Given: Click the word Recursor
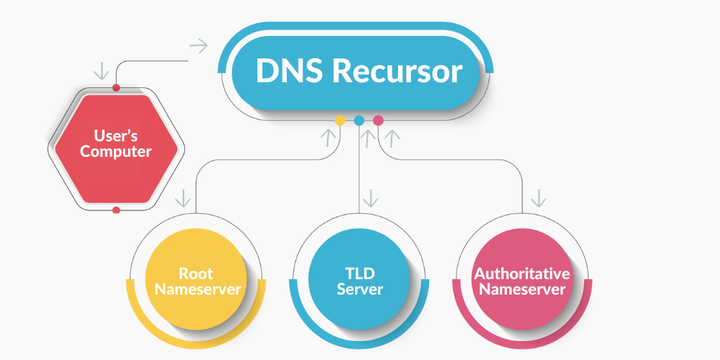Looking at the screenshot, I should click(x=398, y=72).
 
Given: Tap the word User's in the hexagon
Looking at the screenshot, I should click(x=116, y=134).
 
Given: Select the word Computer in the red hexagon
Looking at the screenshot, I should click(x=116, y=151).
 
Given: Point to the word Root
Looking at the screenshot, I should click(x=195, y=273).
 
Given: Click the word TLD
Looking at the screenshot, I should click(x=359, y=273).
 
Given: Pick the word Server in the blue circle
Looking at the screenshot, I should click(x=359, y=289).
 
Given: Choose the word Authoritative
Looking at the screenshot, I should click(x=522, y=273).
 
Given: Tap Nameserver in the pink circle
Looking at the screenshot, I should click(x=522, y=289).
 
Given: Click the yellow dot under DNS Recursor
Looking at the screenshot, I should click(x=340, y=120).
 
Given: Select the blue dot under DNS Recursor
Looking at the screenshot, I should click(x=359, y=120).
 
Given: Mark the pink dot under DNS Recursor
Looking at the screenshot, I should click(x=378, y=120).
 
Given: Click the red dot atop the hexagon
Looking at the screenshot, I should click(x=116, y=88).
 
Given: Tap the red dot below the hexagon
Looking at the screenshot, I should click(x=116, y=210).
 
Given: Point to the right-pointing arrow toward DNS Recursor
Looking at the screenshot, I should click(x=199, y=46).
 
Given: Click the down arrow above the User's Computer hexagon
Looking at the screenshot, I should click(x=101, y=71).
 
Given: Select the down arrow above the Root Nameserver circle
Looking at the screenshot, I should click(x=184, y=198).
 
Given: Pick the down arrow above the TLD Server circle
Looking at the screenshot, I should click(x=371, y=198).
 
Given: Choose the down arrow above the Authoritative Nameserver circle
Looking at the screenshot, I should click(x=539, y=198).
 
